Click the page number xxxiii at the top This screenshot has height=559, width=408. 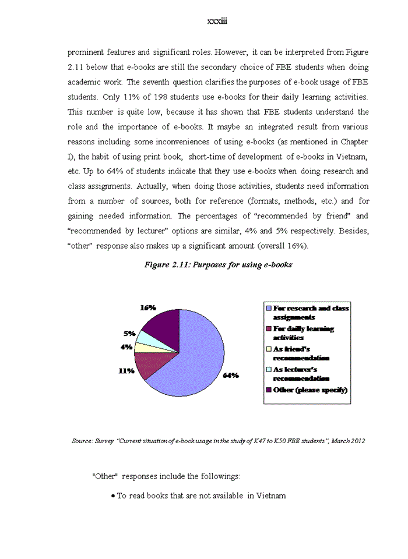tap(216, 22)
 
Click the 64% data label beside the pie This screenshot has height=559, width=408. tap(231, 376)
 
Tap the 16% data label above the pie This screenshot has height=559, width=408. tap(147, 306)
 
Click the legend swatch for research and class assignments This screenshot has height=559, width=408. tap(269, 308)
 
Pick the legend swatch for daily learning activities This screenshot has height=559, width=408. tap(269, 329)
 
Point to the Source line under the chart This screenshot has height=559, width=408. tap(218, 441)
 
